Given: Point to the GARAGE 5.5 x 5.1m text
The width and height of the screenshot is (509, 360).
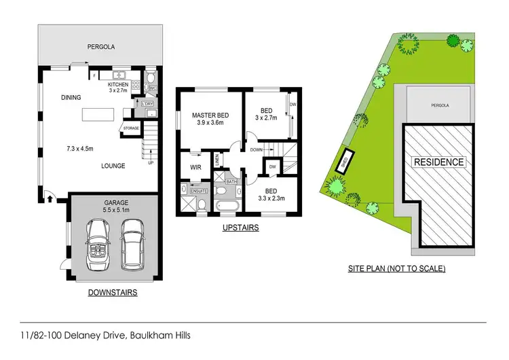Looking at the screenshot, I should pos(112,206).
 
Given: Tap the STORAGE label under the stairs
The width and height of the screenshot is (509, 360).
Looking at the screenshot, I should pos(130,127).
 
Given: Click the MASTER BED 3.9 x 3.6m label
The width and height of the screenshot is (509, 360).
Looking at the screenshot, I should pos(210,120).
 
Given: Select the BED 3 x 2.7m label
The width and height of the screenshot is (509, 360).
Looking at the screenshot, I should pos(266,113).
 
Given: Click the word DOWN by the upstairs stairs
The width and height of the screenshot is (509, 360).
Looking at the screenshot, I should pos(255,149).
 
